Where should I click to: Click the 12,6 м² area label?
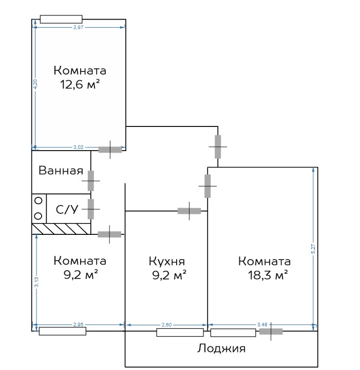80,84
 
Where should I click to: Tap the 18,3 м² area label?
268,275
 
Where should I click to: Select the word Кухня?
167,262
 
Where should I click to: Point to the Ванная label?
61,171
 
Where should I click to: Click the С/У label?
67,209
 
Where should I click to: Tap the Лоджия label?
221,348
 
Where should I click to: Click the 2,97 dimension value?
78,27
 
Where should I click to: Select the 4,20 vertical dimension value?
35,84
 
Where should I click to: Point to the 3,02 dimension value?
78,147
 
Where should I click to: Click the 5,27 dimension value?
313,249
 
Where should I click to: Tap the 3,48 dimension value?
262,325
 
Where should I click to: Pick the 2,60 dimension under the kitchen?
166,325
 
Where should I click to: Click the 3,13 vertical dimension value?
36,282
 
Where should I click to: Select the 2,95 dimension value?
78,325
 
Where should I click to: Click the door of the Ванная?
91,181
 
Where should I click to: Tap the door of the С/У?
91,209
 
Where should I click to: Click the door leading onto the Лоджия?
271,331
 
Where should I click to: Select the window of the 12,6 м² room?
61,20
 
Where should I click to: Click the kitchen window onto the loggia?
180,332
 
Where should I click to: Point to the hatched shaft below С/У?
61,229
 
